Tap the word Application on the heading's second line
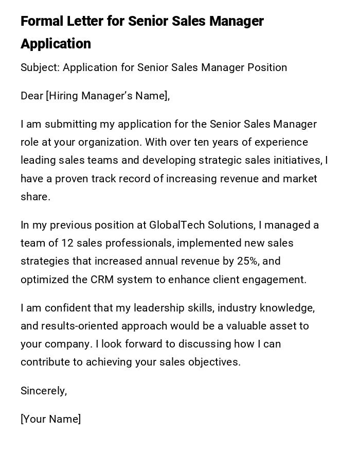[x=56, y=44]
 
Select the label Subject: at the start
[x=40, y=67]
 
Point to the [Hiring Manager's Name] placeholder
[x=107, y=96]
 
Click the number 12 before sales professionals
[x=68, y=243]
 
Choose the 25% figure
[x=248, y=261]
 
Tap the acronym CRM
[x=102, y=280]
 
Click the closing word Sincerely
[x=44, y=391]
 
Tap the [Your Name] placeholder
[x=50, y=419]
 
